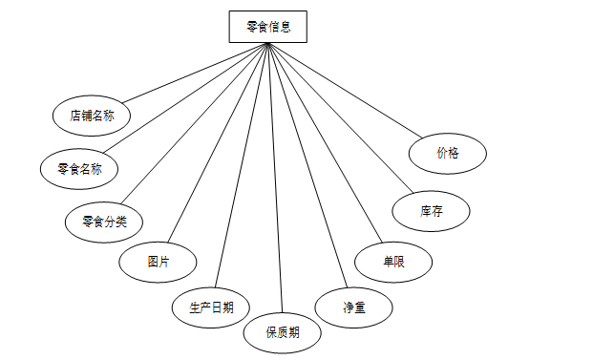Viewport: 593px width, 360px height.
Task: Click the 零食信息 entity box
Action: (x=268, y=27)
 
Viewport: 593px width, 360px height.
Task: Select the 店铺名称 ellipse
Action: (x=92, y=116)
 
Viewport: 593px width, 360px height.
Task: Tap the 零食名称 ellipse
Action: (x=79, y=169)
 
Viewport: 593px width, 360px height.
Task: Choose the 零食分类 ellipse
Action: (x=104, y=222)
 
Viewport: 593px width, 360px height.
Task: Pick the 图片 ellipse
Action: (x=158, y=261)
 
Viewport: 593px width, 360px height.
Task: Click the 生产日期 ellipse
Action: (x=211, y=307)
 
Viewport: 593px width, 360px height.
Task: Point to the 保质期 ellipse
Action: (x=283, y=332)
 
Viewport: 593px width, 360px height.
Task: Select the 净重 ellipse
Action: (x=354, y=307)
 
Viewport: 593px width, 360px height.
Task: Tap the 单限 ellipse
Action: (x=392, y=262)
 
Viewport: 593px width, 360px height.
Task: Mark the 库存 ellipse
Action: (x=431, y=212)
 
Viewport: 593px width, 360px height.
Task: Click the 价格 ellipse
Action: (x=448, y=154)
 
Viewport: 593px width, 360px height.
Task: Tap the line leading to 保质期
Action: (x=275, y=181)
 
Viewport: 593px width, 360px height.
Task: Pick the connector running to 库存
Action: (x=341, y=118)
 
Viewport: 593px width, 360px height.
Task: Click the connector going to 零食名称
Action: (x=186, y=98)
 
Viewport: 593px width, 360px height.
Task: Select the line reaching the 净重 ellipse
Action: (x=307, y=165)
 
